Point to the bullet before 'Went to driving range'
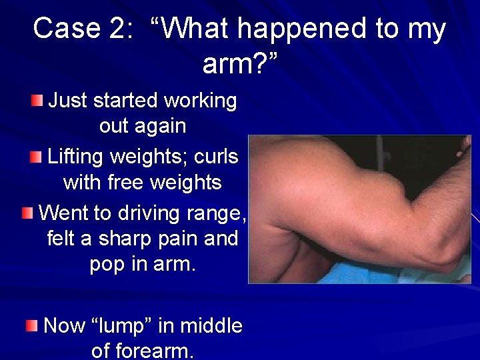point(27,213)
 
